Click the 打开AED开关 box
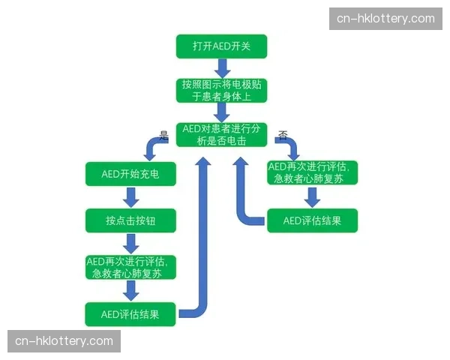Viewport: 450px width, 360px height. coord(221,46)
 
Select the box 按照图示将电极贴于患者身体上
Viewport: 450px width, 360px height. coord(221,90)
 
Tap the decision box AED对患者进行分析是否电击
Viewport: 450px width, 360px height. coord(221,135)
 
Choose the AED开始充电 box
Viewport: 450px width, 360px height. coord(130,175)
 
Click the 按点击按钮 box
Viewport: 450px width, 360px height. coord(130,220)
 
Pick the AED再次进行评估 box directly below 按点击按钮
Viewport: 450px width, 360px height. coord(130,267)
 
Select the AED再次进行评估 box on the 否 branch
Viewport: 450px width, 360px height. coord(312,172)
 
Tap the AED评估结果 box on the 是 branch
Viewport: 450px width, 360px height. coord(130,313)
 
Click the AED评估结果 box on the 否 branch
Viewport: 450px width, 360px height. coord(312,220)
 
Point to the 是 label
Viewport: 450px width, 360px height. coord(164,136)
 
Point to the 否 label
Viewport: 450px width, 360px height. coord(283,136)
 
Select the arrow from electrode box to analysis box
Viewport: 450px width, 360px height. coord(221,112)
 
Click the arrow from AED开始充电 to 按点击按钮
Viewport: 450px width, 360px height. coord(131,197)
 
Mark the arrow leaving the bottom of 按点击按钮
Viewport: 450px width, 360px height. coord(131,244)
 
